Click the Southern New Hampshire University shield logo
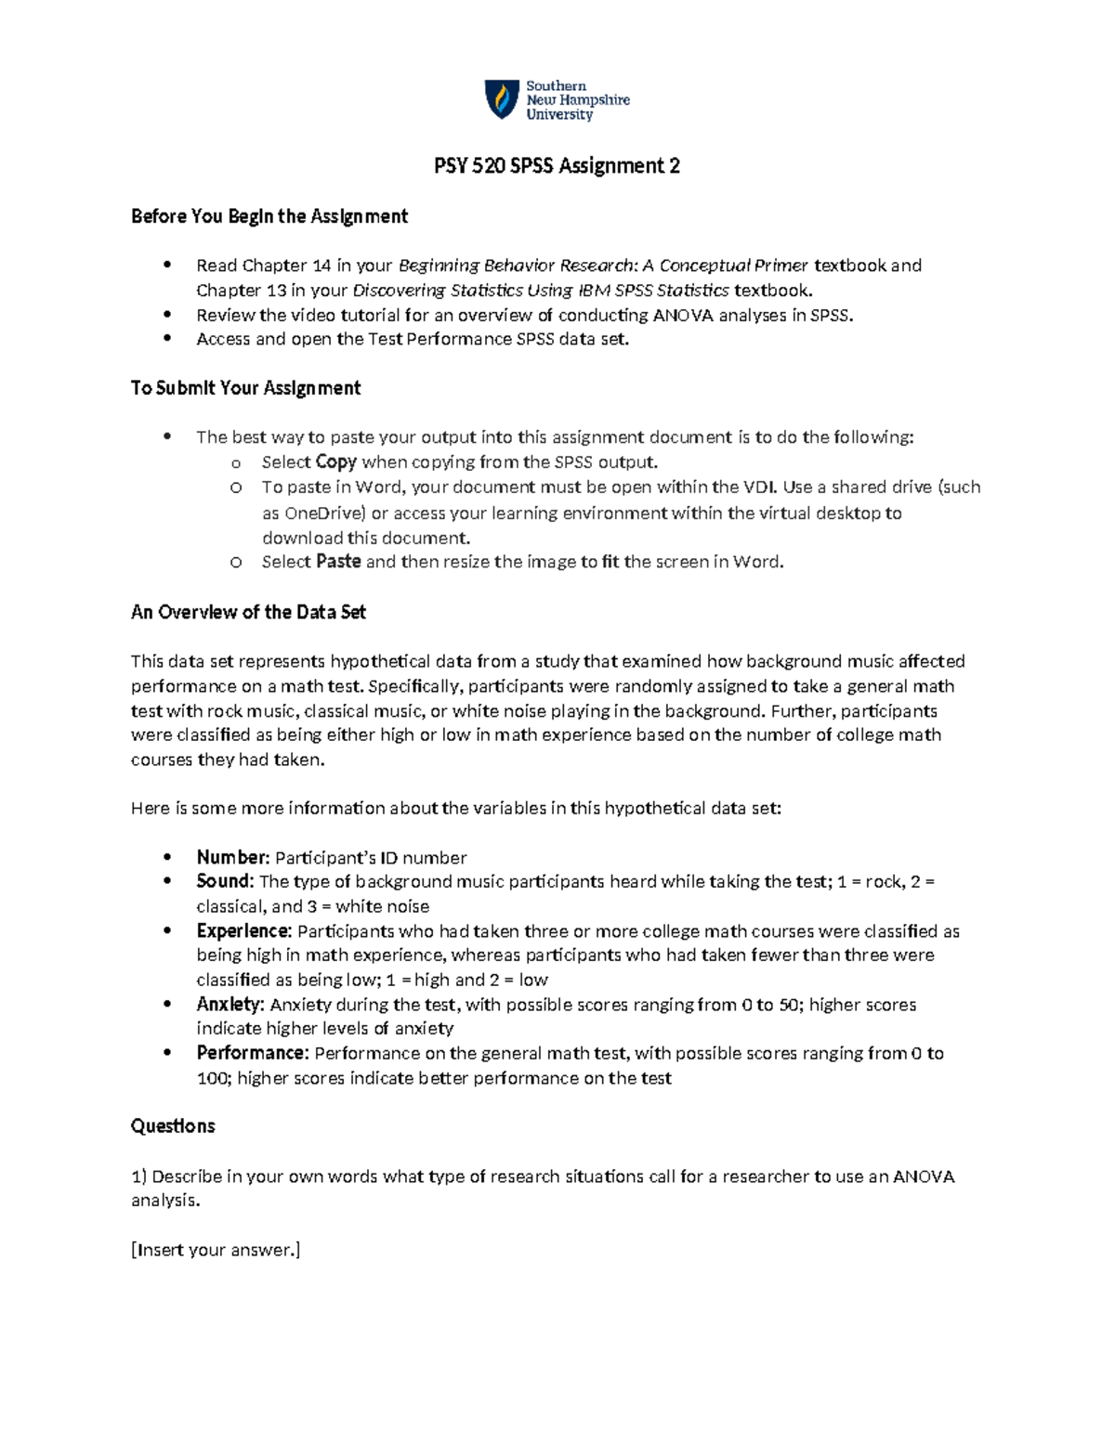tap(502, 99)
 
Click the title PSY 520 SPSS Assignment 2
tap(557, 166)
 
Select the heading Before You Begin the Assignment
tap(269, 216)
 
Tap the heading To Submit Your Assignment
tap(245, 388)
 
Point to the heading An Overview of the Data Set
tap(248, 613)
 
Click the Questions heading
tap(173, 1126)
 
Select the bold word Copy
tap(335, 462)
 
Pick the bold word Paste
tap(338, 562)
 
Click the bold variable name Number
tap(232, 858)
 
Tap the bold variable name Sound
tap(224, 882)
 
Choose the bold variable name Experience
tap(244, 931)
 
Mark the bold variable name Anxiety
tap(230, 1005)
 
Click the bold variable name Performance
tap(252, 1053)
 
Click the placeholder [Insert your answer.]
tap(216, 1250)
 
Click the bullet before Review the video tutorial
tap(167, 315)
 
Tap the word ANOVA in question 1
tap(924, 1176)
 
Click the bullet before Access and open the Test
tap(167, 339)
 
